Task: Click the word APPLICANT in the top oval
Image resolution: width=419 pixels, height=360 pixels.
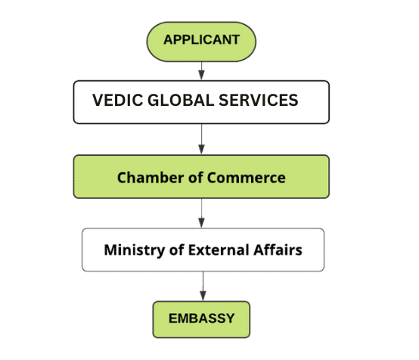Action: point(201,40)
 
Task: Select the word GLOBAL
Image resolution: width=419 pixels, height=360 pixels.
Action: point(181,101)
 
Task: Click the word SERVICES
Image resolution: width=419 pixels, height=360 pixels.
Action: point(259,101)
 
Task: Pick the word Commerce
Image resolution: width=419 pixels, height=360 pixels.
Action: point(246,178)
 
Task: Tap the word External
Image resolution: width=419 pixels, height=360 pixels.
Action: point(219,250)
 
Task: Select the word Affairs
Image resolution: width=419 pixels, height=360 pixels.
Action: point(278,250)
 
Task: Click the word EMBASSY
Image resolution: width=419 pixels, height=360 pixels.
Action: point(201,318)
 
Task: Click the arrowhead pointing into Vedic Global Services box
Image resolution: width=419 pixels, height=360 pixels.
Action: point(201,75)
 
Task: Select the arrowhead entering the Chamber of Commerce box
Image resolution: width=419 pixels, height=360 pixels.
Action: point(201,149)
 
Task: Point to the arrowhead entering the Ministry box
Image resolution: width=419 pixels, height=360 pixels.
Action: point(201,222)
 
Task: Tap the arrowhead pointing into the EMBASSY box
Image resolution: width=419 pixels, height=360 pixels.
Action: point(203,296)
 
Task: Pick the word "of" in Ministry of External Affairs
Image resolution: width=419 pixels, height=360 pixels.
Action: point(176,250)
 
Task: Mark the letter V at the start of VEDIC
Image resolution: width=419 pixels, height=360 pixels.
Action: point(98,101)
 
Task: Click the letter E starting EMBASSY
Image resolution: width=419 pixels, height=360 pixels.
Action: point(172,318)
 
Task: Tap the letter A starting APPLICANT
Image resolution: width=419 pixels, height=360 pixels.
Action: point(169,40)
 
